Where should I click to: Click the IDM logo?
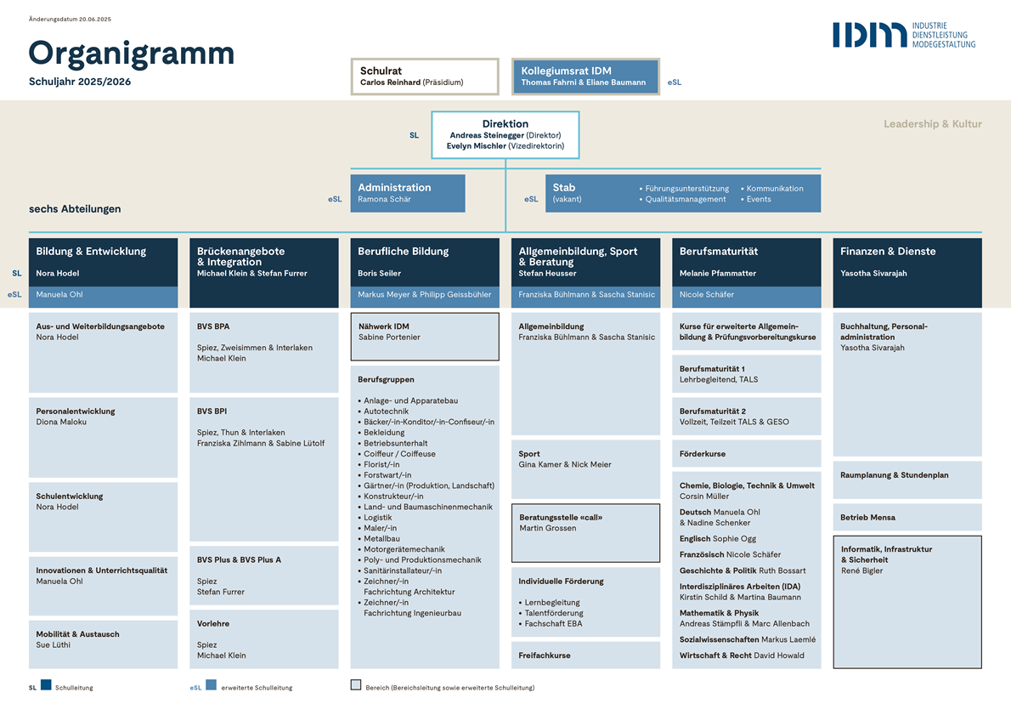(903, 35)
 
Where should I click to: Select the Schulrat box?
(425, 77)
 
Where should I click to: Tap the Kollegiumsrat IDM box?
(585, 77)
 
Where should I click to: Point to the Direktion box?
(505, 135)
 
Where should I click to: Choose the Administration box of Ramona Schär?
(408, 193)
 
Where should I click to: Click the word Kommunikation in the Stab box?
(774, 189)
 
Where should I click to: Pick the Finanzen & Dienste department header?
(907, 273)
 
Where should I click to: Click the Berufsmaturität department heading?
(718, 251)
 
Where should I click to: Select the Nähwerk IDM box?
(425, 336)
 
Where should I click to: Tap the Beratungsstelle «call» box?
(585, 533)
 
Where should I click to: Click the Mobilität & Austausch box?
(103, 644)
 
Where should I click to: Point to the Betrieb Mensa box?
(907, 517)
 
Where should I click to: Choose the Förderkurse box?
(747, 454)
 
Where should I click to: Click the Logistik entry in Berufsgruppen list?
(377, 518)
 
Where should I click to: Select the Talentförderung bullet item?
(553, 613)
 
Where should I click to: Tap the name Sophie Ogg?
(734, 539)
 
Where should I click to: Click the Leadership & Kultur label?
(932, 124)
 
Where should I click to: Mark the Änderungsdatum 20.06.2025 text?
(70, 20)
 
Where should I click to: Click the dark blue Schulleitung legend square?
(46, 684)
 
